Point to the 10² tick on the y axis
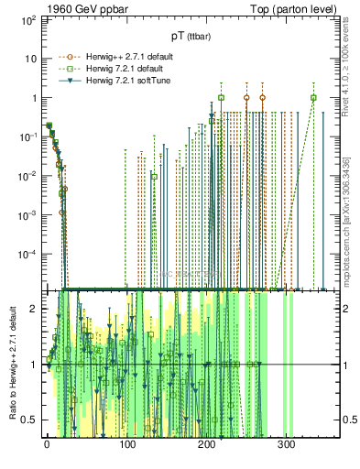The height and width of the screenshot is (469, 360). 28,19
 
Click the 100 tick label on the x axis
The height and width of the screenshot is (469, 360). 126,445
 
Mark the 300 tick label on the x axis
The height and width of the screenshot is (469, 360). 286,445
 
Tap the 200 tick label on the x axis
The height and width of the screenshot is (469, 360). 206,445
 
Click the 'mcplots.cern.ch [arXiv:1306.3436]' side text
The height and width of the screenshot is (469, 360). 350,211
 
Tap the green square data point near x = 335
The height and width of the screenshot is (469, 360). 313,98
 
